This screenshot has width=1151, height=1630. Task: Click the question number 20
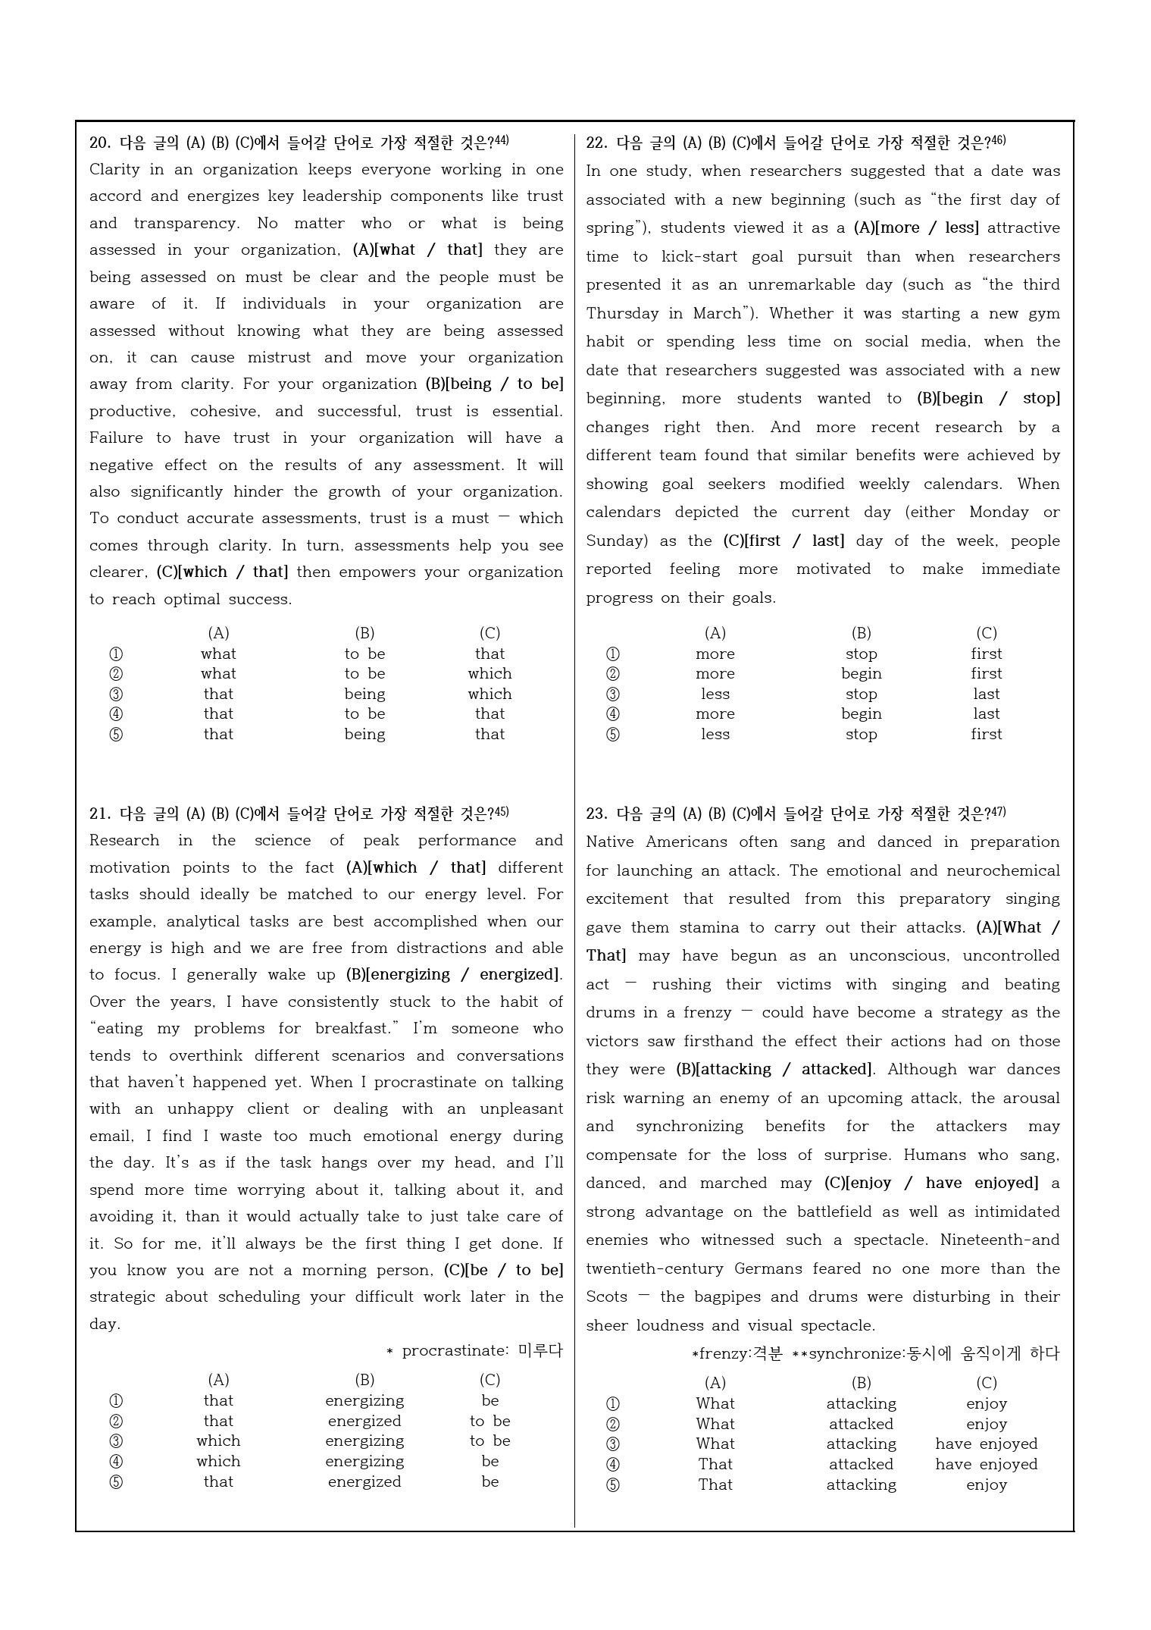(99, 143)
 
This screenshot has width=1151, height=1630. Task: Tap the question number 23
(596, 814)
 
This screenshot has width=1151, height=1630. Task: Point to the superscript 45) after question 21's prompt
(501, 812)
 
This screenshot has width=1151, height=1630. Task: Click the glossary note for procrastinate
(475, 1351)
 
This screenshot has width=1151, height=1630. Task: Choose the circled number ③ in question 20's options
(116, 694)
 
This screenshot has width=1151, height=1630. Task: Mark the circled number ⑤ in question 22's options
(613, 735)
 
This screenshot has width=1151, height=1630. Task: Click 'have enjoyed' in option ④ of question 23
(986, 1465)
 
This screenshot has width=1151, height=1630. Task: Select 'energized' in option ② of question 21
(364, 1422)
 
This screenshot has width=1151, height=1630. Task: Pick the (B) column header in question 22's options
(861, 633)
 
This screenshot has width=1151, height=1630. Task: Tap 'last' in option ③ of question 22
(986, 694)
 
